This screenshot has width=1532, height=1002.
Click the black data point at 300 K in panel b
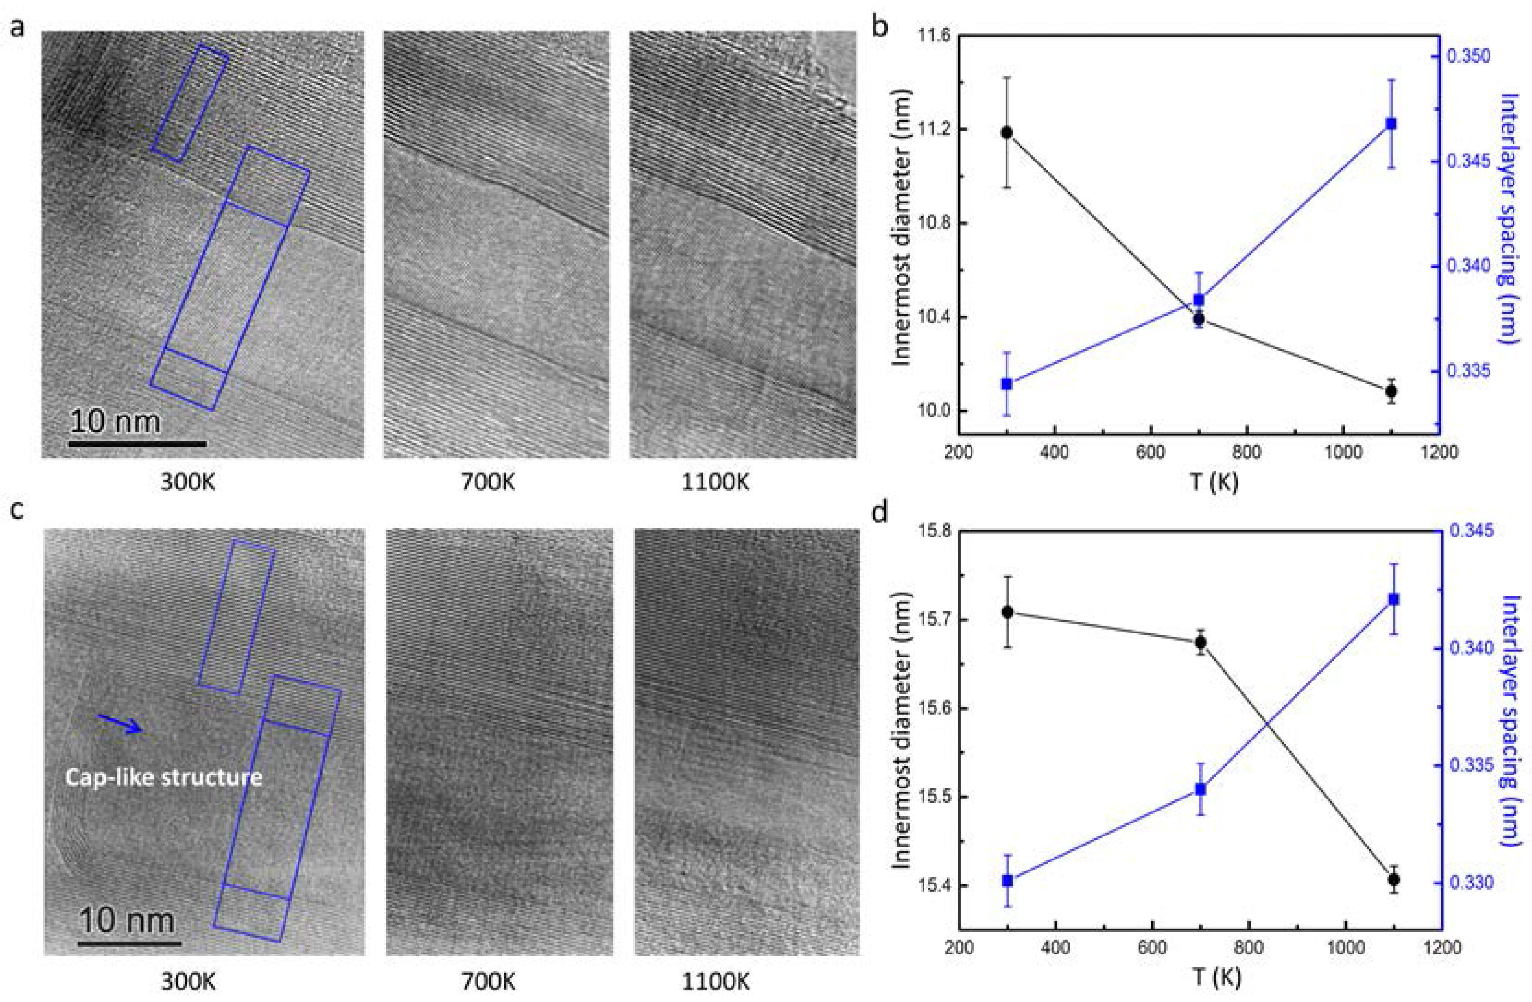pos(1007,132)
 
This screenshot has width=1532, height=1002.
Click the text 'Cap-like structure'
pos(164,777)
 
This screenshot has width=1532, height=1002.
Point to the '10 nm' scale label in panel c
pos(127,921)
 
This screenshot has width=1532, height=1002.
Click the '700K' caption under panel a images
pos(489,481)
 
